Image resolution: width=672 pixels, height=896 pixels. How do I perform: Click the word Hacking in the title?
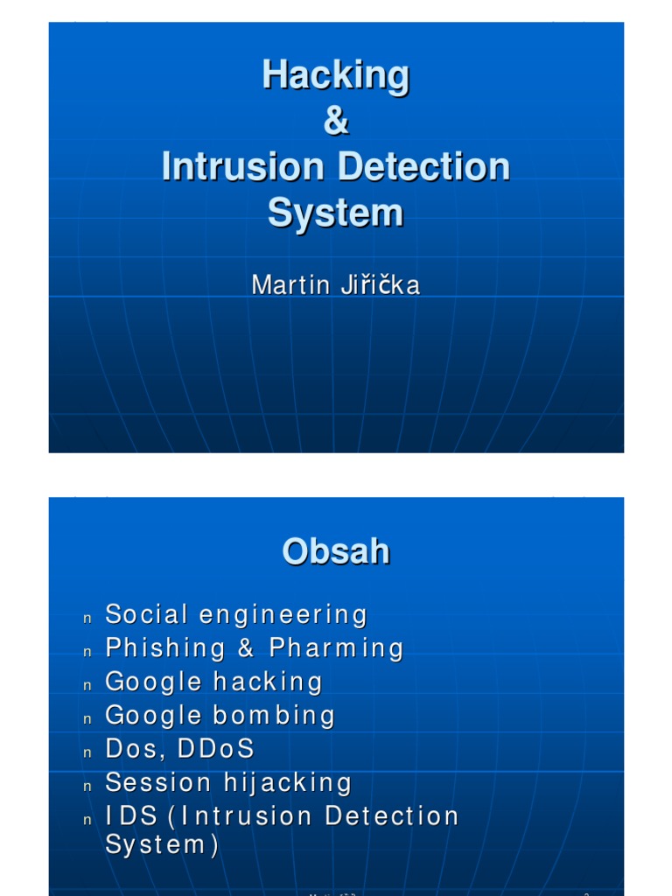pyautogui.click(x=335, y=76)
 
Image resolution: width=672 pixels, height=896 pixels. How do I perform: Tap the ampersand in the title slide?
pyautogui.click(x=335, y=122)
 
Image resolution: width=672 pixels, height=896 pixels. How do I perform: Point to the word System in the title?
pyautogui.click(x=335, y=213)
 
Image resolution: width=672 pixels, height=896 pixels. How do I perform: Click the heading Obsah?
pyautogui.click(x=335, y=552)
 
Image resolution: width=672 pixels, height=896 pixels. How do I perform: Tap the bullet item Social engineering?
pyautogui.click(x=236, y=615)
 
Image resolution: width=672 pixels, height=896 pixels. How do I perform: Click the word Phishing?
pyautogui.click(x=165, y=648)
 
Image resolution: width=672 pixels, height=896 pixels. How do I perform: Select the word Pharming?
pyautogui.click(x=336, y=648)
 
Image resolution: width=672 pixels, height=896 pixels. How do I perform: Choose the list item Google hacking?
pyautogui.click(x=214, y=682)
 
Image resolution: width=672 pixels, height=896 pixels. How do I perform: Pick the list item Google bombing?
pyautogui.click(x=220, y=716)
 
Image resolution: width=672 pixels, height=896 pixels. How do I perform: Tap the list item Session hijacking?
pyautogui.click(x=228, y=782)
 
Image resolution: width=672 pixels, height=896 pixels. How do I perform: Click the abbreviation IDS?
pyautogui.click(x=131, y=816)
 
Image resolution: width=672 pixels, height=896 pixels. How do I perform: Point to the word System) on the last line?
pyautogui.click(x=162, y=845)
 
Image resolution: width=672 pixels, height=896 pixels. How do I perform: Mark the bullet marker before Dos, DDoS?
pyautogui.click(x=87, y=752)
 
